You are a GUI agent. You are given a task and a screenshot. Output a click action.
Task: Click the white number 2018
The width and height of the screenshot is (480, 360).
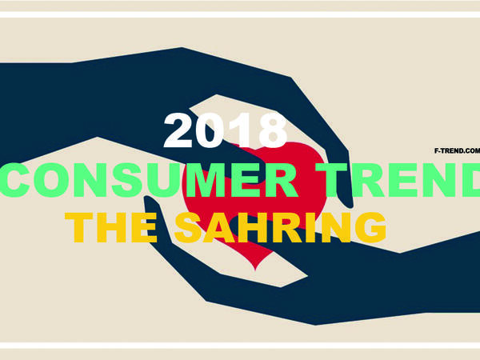pyautogui.click(x=226, y=130)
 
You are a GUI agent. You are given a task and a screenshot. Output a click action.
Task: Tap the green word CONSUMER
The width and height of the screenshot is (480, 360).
pyautogui.click(x=149, y=180)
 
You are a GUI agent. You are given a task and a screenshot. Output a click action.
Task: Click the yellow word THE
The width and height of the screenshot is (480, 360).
pyautogui.click(x=111, y=227)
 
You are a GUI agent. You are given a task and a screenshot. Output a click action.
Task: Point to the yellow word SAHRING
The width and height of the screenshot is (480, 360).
pyautogui.click(x=280, y=227)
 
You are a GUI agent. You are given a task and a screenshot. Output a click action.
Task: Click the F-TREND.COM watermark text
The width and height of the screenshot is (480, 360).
pyautogui.click(x=457, y=150)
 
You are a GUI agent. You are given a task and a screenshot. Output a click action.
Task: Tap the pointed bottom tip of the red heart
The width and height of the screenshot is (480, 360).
pyautogui.click(x=256, y=270)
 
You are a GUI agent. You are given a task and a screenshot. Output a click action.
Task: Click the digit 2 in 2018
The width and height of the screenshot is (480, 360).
pyautogui.click(x=178, y=130)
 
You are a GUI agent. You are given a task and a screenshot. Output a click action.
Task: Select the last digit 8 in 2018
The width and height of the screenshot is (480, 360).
pyautogui.click(x=273, y=130)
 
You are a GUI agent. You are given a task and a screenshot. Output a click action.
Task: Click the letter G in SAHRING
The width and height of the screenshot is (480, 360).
pyautogui.click(x=370, y=227)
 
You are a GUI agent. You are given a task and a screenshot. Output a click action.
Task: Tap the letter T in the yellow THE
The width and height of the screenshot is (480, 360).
pyautogui.click(x=78, y=227)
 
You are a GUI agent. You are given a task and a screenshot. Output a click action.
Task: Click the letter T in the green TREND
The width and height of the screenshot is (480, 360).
pyautogui.click(x=331, y=180)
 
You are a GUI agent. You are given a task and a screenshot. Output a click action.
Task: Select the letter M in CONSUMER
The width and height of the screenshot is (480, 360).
pyautogui.click(x=209, y=180)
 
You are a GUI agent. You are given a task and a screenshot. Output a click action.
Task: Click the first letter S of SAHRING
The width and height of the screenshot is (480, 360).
pyautogui.click(x=189, y=227)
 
